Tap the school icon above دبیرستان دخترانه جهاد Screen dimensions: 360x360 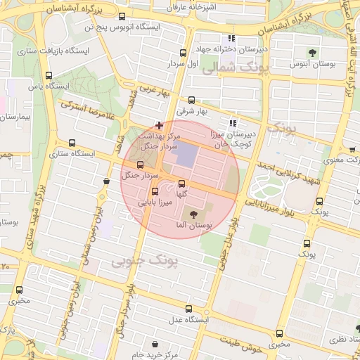click(231, 39)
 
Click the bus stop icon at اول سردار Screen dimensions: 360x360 click(184, 52)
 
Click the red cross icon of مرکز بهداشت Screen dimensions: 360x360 click(160, 125)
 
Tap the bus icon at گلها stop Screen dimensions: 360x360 click(182, 184)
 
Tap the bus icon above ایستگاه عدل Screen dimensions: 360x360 click(188, 309)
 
